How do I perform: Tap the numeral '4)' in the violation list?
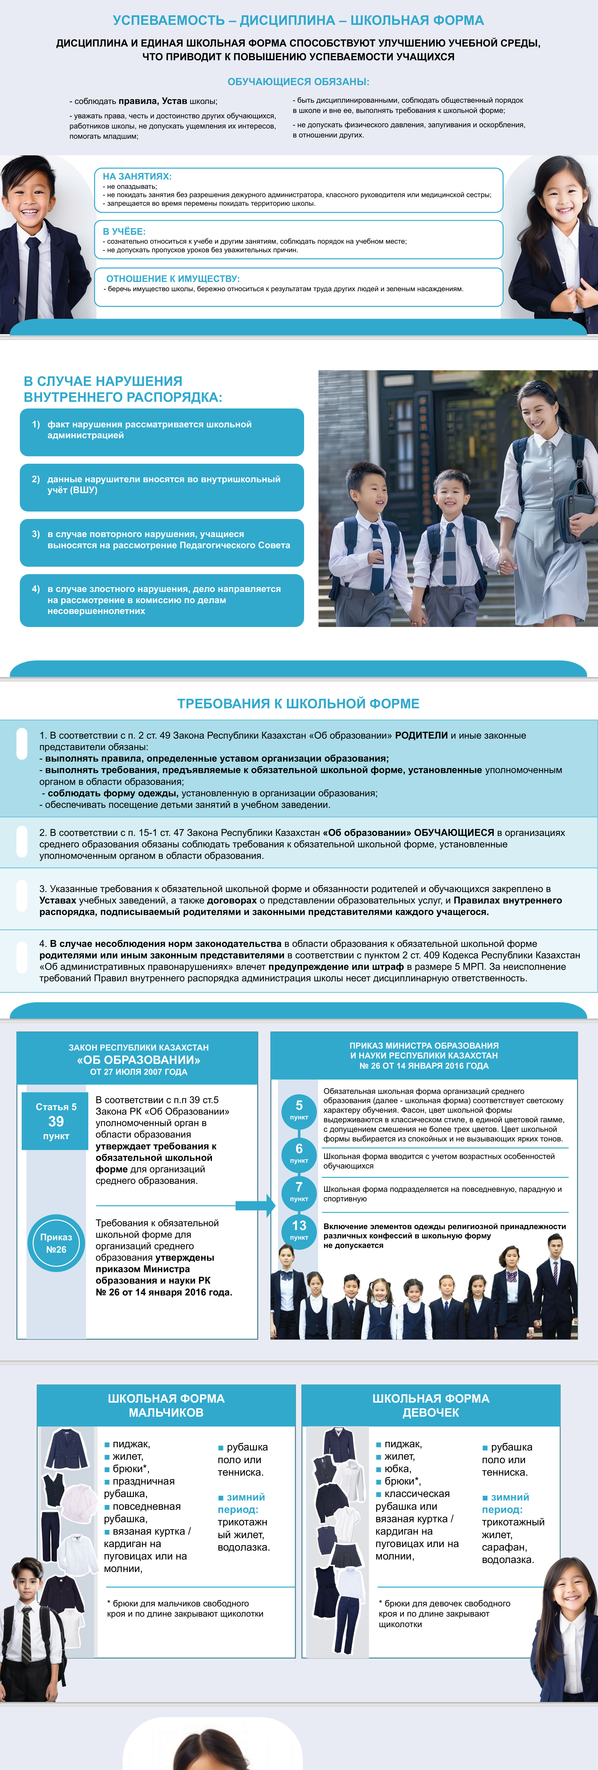click(x=36, y=589)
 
